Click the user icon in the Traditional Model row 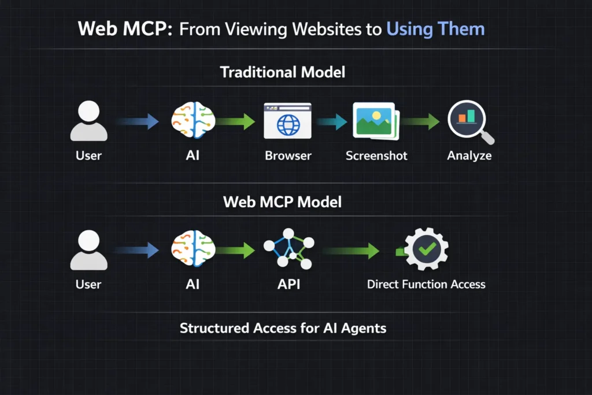point(88,121)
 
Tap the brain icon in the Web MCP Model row point(193,249)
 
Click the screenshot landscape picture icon point(374,121)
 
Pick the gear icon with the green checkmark point(426,249)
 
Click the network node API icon point(287,249)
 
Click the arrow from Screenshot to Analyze point(421,122)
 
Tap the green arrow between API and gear point(350,250)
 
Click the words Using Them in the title point(435,29)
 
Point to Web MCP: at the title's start point(125,29)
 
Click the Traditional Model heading point(283,72)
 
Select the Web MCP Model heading point(282,201)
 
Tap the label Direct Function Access point(426,284)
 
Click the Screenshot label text point(376,156)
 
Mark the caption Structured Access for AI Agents point(283,328)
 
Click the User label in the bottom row point(88,284)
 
